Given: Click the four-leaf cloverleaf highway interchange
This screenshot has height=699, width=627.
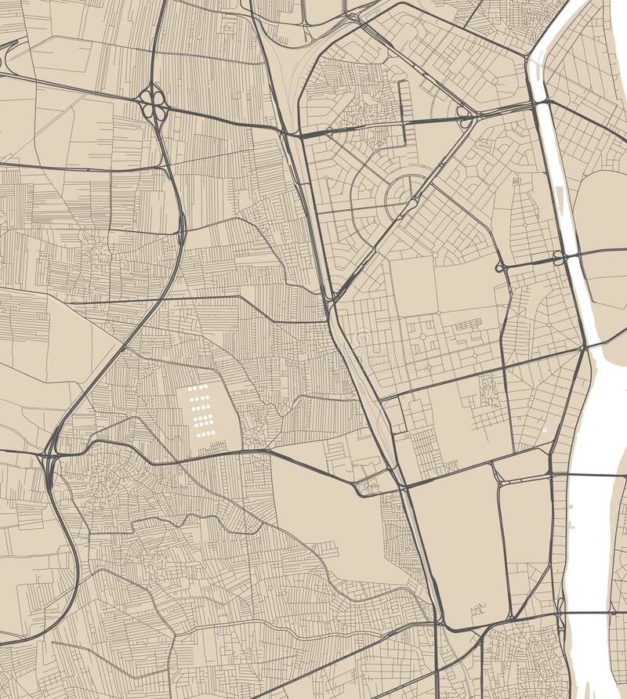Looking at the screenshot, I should click(154, 104).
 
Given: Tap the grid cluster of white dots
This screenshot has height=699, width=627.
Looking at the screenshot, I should click(201, 411).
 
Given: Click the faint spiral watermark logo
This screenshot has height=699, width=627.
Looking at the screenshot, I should click(362, 339).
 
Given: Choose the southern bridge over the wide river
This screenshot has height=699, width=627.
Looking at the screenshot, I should click(600, 613).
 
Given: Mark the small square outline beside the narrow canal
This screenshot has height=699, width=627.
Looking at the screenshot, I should click(516, 182).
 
